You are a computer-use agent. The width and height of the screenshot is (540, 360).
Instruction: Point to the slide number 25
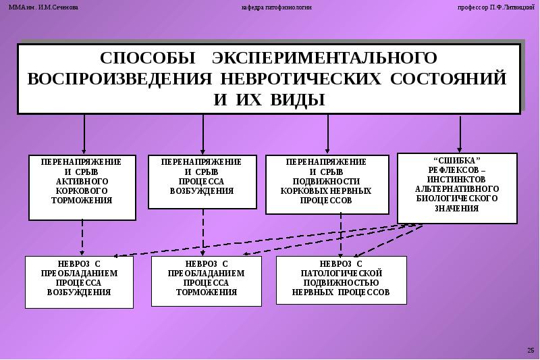click(x=529, y=349)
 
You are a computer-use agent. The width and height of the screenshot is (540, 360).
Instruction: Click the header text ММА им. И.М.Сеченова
click(x=43, y=7)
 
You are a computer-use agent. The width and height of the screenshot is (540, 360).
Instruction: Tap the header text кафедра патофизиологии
click(x=277, y=7)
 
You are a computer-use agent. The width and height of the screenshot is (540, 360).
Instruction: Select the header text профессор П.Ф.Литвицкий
click(x=491, y=7)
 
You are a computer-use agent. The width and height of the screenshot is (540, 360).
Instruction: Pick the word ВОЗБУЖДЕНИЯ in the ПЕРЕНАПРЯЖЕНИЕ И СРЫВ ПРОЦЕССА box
click(x=201, y=191)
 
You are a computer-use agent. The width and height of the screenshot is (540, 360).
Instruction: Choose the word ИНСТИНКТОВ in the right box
click(x=457, y=179)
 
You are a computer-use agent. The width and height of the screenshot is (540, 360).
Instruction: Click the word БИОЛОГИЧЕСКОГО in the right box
click(x=457, y=199)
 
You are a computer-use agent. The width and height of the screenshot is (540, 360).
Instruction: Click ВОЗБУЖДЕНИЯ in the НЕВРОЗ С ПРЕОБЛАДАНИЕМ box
click(x=79, y=292)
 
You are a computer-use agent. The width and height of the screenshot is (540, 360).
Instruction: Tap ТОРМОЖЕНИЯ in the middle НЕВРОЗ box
click(x=206, y=292)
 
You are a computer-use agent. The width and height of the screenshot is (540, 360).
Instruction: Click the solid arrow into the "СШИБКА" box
click(x=460, y=134)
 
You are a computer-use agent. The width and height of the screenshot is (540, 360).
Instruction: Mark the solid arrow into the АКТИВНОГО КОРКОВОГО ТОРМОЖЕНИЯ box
click(x=84, y=134)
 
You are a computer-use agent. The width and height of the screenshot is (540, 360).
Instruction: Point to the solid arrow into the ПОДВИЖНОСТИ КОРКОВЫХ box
click(x=328, y=134)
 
